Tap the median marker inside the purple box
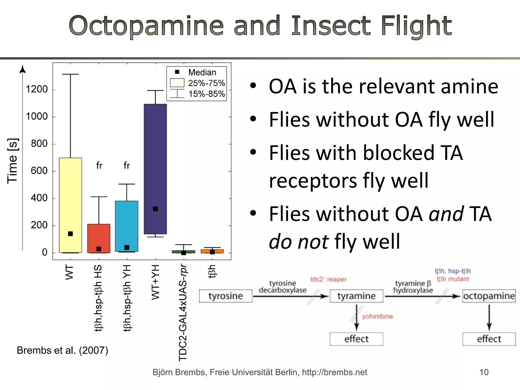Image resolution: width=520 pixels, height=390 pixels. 155,209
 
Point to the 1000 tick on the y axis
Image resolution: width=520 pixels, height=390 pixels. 37,117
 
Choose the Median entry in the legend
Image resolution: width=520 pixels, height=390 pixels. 202,72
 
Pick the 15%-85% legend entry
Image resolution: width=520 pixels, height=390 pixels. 206,94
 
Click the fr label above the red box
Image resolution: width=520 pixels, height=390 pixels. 99,166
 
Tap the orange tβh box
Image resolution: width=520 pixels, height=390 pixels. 212,251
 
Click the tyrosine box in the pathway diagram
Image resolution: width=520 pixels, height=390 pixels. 225,296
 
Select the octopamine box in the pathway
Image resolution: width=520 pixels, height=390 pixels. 489,296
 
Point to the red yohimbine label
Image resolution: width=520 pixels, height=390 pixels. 377,316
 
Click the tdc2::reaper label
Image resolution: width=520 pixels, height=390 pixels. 328,280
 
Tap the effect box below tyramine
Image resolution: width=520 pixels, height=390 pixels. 356,339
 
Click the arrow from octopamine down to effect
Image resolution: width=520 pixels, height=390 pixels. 489,317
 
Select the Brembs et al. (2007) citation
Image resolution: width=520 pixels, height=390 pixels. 62,350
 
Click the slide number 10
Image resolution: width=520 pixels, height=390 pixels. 484,372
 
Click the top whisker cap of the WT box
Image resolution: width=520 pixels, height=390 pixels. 70,74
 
